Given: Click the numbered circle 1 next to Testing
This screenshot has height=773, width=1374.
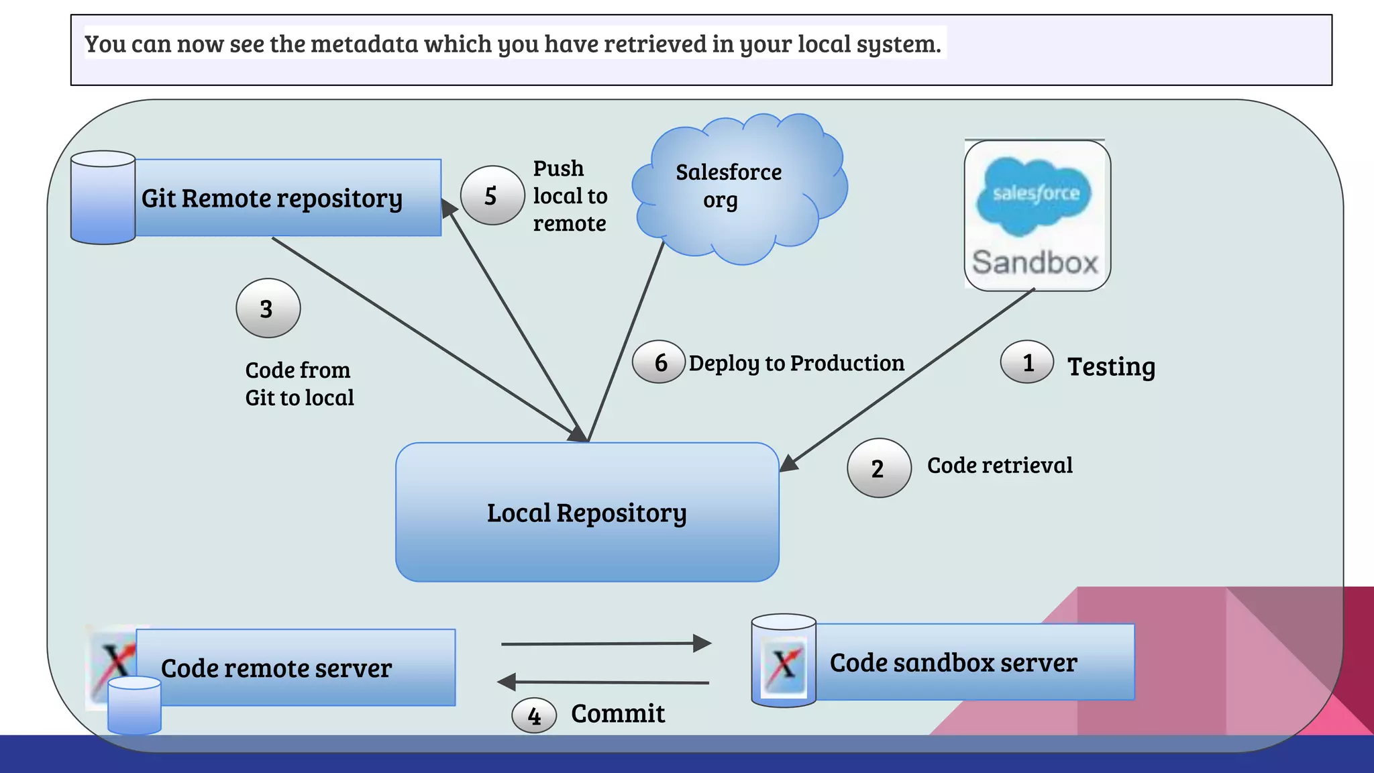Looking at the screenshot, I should click(1026, 362).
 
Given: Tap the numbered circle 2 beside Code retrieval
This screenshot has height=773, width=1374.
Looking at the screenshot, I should click(879, 468).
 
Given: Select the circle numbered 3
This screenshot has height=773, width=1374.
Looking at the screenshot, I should click(268, 309).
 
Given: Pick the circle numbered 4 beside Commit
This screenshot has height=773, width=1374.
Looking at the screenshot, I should click(534, 715).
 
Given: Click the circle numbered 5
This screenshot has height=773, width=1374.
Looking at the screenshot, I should click(492, 195).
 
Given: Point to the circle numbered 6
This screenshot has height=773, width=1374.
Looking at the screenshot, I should click(659, 362).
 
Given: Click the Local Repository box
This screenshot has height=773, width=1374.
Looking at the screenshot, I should click(587, 513).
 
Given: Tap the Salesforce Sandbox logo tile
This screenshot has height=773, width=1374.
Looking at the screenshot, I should click(1037, 215).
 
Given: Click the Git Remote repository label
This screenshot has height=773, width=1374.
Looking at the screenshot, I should click(272, 199).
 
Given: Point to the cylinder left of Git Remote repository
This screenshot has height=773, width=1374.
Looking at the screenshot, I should click(103, 198).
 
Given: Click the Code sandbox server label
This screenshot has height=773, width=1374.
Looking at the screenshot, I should click(953, 663).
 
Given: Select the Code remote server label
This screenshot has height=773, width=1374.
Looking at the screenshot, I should click(276, 668).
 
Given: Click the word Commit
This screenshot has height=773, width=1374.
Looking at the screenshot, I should click(618, 713).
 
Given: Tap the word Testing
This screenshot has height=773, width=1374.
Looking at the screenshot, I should click(1111, 367).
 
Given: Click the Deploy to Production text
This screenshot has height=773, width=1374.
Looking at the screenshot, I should click(796, 363).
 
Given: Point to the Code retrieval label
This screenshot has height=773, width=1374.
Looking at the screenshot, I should click(1000, 465).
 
